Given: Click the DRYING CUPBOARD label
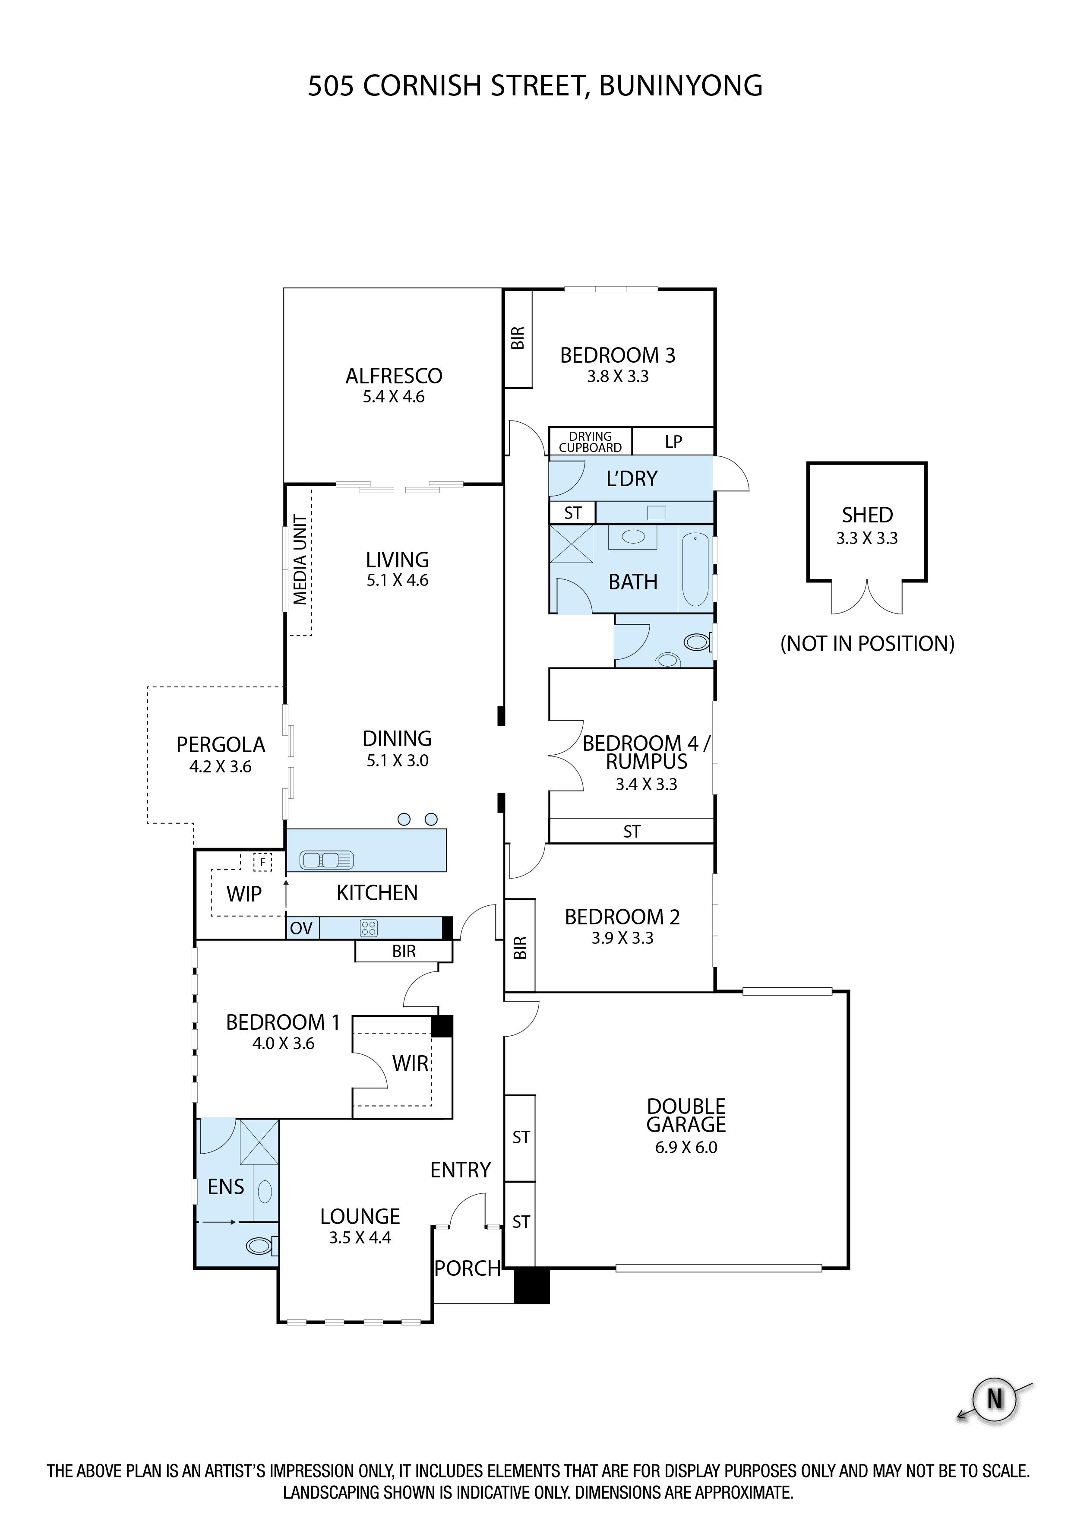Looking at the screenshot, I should pos(590,441).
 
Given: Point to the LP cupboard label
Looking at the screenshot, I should pos(673,441).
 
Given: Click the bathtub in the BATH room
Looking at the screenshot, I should pos(695,569).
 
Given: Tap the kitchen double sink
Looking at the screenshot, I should pos(327,860).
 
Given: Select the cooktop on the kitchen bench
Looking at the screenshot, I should pos(368,928).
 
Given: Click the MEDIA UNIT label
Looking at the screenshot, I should pos(300,560).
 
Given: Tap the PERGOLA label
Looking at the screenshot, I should pos(221,745).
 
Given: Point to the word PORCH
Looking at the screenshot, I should pos(467,1268).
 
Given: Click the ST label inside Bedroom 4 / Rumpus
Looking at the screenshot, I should pos(632,832).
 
